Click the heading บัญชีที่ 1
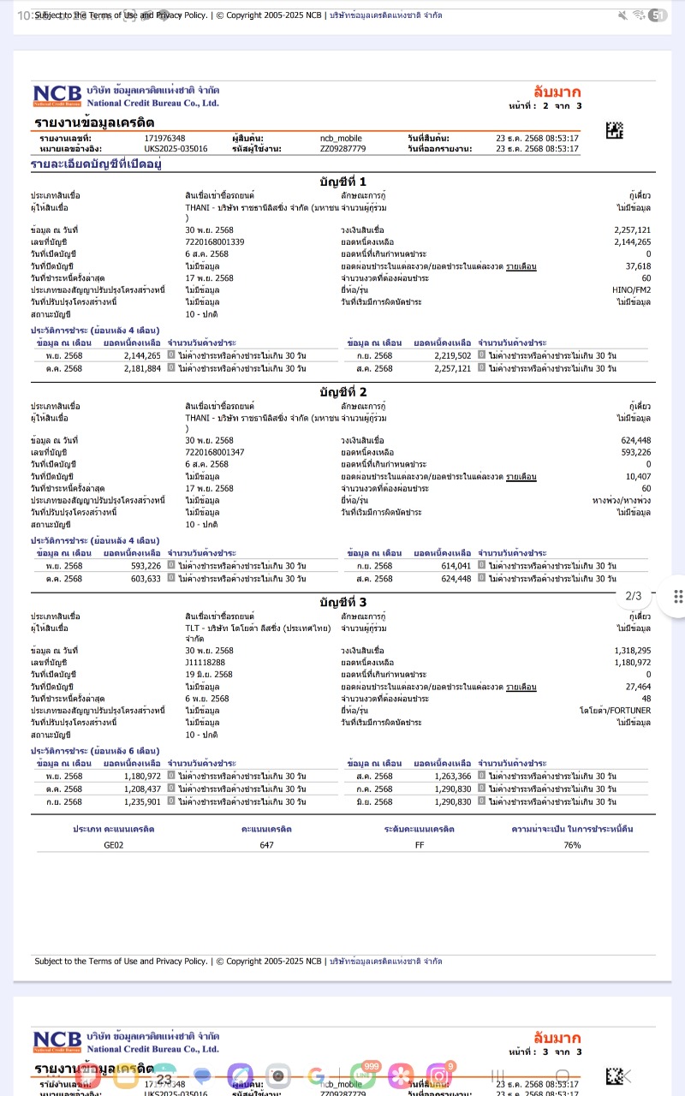[x=342, y=182]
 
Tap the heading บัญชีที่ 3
[x=342, y=602]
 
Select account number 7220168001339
[x=215, y=242]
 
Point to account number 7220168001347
[x=215, y=452]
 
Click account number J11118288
[x=205, y=663]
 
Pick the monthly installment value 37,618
[x=638, y=266]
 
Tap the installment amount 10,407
[x=638, y=476]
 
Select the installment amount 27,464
[x=638, y=687]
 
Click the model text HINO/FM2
[x=632, y=290]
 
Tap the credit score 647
[x=266, y=845]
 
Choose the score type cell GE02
[x=114, y=845]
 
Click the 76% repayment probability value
[x=572, y=845]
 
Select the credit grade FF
[x=419, y=845]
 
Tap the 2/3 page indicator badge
[x=634, y=596]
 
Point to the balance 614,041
[x=454, y=566]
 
